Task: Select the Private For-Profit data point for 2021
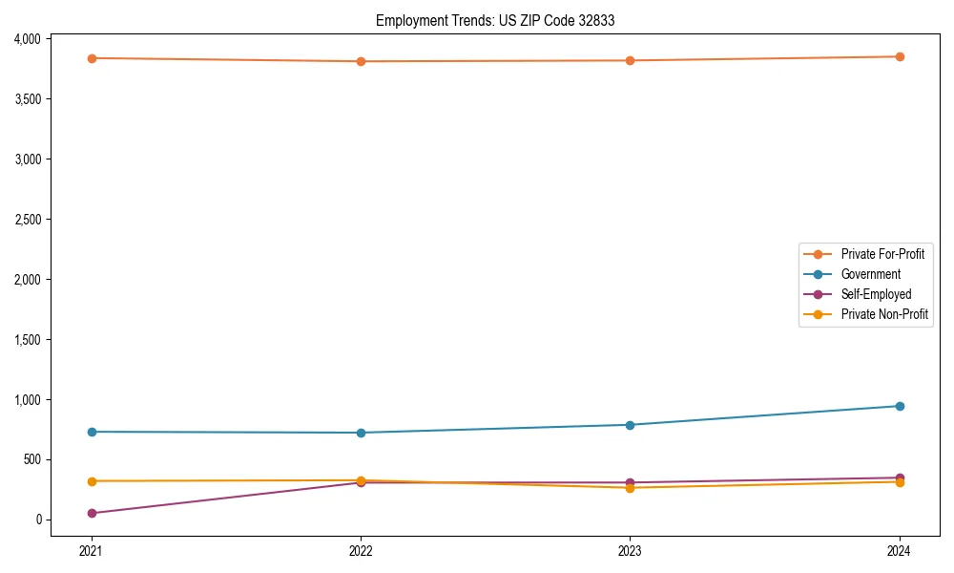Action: click(x=92, y=58)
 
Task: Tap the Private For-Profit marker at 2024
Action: click(x=900, y=56)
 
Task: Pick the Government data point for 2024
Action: click(x=900, y=406)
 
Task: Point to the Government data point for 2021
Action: click(x=92, y=432)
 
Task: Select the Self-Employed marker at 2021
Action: click(x=92, y=514)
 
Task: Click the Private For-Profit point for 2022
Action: click(x=361, y=61)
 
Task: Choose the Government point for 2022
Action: click(x=361, y=433)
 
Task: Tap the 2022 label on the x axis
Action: click(x=361, y=550)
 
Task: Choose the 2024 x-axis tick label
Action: click(x=900, y=550)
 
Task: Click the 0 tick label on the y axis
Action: click(x=39, y=520)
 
